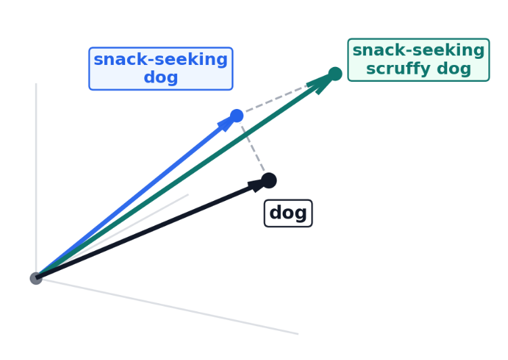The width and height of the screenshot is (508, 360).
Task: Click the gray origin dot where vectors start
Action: click(x=36, y=278)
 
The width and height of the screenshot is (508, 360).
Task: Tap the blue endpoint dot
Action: click(x=236, y=116)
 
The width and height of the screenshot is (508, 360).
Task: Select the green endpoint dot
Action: click(x=335, y=74)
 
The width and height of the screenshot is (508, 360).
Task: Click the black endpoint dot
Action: click(x=269, y=181)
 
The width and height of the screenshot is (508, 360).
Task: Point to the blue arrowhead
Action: click(x=226, y=124)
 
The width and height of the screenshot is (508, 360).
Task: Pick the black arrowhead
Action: click(x=255, y=185)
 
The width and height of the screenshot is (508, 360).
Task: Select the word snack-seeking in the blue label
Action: click(x=160, y=60)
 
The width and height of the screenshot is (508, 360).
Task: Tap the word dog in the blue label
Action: click(x=160, y=77)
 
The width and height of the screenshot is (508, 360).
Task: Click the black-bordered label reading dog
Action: click(x=288, y=213)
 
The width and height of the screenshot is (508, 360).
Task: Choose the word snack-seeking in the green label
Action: click(x=418, y=51)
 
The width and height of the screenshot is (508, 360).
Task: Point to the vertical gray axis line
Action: click(x=36, y=169)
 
